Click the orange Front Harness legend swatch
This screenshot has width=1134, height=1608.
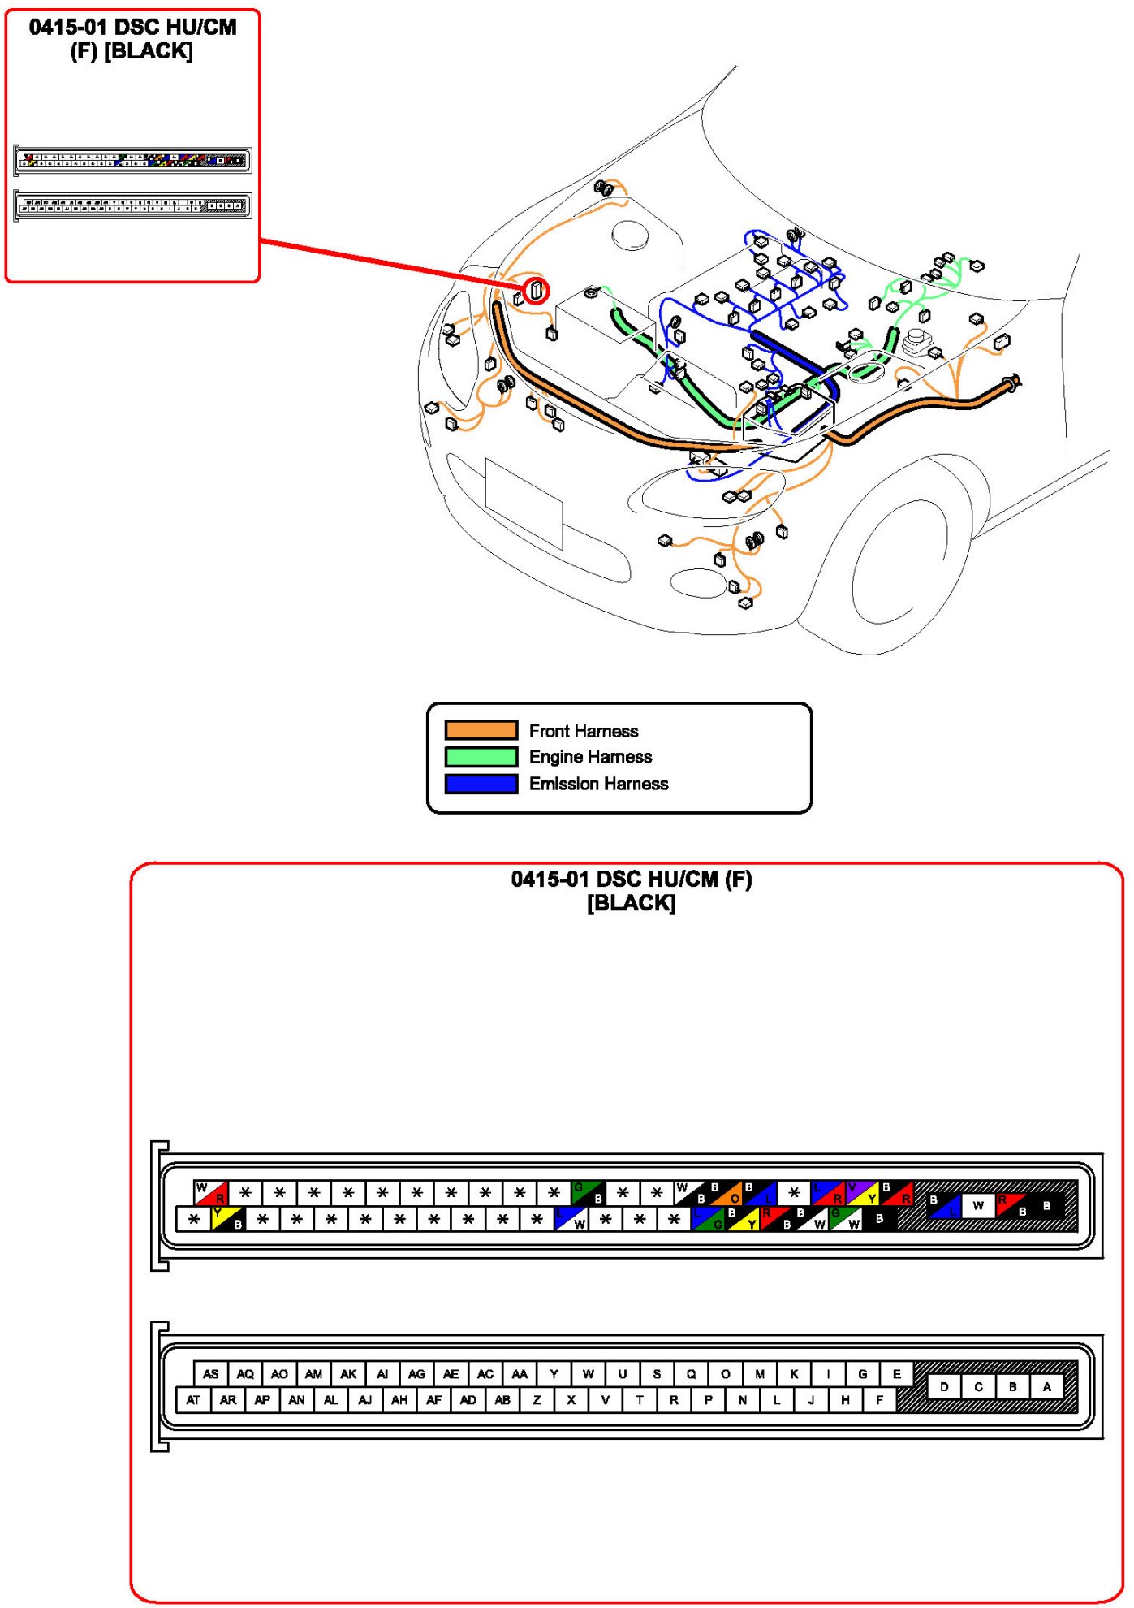point(481,730)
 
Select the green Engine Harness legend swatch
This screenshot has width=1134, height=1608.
point(481,757)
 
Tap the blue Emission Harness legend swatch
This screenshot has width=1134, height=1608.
point(481,784)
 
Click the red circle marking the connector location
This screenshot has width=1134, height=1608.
point(536,290)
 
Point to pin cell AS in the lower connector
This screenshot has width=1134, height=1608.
point(211,1374)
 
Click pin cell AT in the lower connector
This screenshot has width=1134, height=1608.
point(193,1400)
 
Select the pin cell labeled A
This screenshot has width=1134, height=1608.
point(1046,1386)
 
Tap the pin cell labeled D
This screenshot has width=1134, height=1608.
point(944,1386)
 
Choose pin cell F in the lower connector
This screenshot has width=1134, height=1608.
point(879,1400)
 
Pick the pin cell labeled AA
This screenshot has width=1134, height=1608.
point(520,1374)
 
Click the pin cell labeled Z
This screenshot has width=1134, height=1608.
point(537,1400)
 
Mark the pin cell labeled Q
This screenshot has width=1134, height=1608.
point(691,1374)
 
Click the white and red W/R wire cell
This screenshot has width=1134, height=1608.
point(211,1193)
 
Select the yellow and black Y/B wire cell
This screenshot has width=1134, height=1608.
point(227,1219)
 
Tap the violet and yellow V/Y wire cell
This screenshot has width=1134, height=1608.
point(862,1193)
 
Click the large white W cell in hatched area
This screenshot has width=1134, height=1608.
point(978,1206)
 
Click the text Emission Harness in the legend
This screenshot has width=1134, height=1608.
point(598,784)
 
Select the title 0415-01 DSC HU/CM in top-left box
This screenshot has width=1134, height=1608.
point(132,28)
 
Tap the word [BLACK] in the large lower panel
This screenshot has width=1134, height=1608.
point(631,903)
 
